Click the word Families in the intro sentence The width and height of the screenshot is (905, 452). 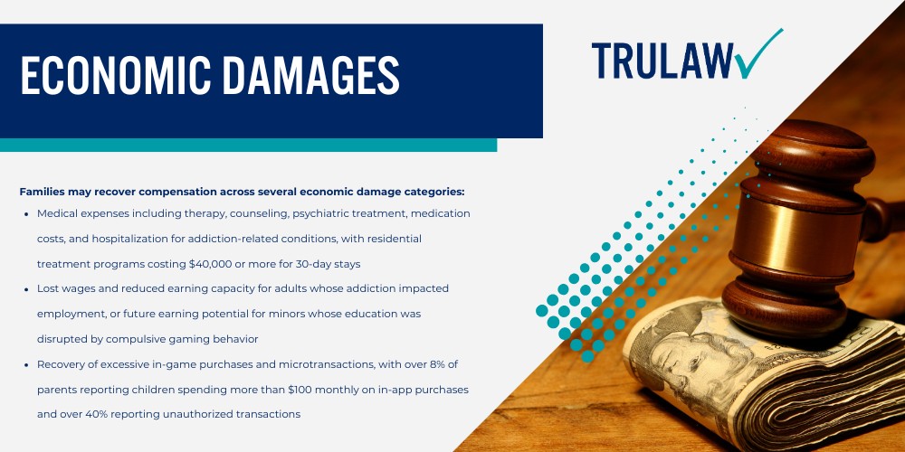pyautogui.click(x=43, y=192)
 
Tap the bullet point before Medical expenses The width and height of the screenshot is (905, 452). pyautogui.click(x=29, y=213)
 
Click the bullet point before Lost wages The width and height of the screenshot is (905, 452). pyautogui.click(x=29, y=288)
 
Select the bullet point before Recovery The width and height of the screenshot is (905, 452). pyautogui.click(x=29, y=364)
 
